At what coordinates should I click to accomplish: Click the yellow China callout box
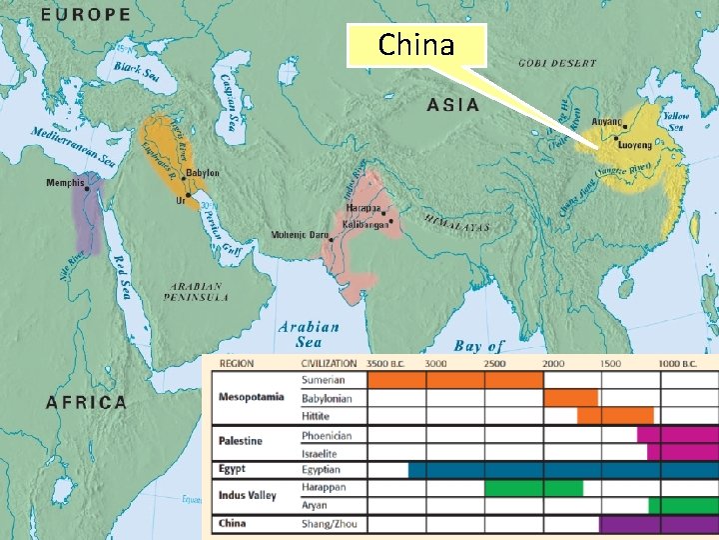coord(415,45)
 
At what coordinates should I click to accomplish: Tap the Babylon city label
coord(202,173)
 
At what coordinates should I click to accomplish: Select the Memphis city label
coord(65,183)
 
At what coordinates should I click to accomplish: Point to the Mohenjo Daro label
coord(300,235)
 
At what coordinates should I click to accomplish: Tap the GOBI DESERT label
coord(556,63)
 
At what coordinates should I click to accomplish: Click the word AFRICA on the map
coord(86,402)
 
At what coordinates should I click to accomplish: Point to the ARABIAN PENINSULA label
coord(197,291)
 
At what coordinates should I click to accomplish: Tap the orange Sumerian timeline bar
coord(454,380)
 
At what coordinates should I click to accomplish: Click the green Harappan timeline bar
coord(533,488)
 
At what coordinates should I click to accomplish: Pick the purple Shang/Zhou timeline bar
coord(658,524)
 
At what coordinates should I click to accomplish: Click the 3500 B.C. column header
coord(387,364)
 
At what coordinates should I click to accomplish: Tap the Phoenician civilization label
coord(327,435)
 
